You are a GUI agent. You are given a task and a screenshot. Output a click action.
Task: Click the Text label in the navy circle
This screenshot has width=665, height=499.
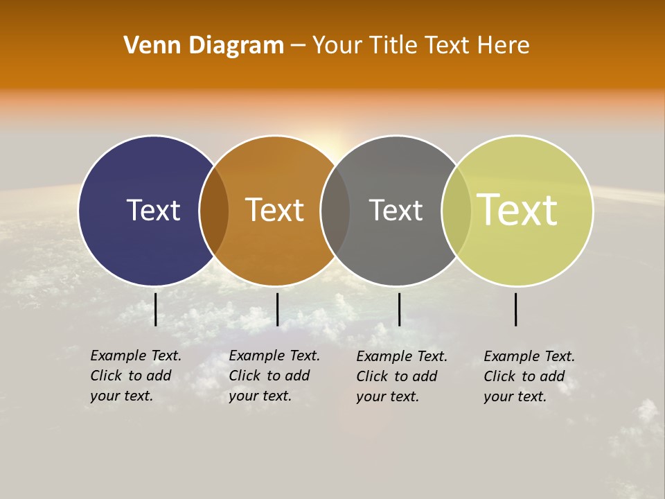pos(153,210)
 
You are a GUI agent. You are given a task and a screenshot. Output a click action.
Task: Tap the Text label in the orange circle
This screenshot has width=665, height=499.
pos(275,210)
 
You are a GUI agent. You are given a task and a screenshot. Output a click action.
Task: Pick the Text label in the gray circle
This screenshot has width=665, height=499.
pos(396,210)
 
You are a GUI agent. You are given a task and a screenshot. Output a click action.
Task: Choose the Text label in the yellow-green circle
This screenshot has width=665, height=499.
pos(517,210)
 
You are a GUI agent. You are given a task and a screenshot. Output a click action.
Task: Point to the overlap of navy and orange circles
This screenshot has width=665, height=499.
pos(214,211)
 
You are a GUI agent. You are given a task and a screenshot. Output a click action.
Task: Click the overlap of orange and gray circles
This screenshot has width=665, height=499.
pos(335,211)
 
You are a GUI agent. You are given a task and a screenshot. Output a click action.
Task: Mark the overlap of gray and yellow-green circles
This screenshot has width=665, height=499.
pos(456,211)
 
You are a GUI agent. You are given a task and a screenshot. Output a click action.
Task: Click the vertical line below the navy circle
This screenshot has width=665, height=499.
pos(155,309)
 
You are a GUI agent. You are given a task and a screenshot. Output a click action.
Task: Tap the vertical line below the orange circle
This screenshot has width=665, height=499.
pos(277,309)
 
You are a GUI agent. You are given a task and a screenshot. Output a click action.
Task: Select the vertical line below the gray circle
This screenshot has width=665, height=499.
pos(399,309)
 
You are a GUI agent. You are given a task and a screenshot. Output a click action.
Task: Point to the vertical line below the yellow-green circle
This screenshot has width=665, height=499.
pos(515,309)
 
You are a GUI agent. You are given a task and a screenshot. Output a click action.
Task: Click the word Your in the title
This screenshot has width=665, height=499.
pos(337,45)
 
